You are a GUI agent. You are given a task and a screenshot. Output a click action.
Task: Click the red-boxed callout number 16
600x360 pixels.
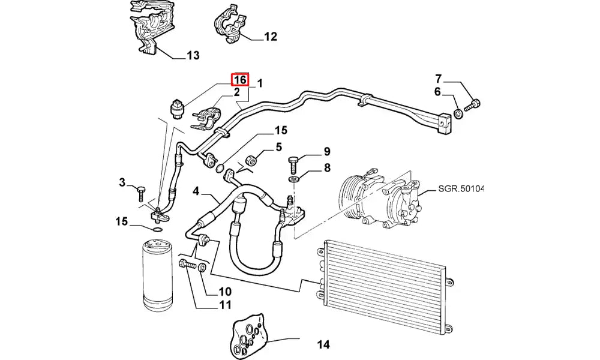[240, 80]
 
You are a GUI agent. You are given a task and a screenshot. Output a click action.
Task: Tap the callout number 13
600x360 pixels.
[193, 56]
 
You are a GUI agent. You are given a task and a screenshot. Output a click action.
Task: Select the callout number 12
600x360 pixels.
[271, 37]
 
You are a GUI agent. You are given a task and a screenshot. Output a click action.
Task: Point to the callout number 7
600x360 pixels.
[439, 78]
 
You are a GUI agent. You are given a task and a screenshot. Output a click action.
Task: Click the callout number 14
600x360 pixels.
[323, 344]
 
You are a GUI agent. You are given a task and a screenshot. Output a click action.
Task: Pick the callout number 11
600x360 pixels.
[225, 305]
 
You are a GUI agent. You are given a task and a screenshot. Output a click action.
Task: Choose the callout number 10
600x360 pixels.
[225, 292]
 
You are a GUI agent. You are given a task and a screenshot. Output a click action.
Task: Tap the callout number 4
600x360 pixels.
[196, 191]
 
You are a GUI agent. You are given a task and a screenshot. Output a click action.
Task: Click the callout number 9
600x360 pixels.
[327, 151]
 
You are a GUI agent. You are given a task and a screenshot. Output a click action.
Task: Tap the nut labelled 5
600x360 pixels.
[253, 161]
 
